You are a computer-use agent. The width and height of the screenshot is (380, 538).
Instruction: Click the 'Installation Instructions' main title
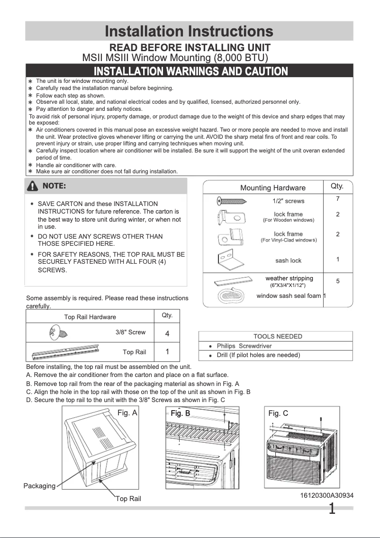tap(189, 32)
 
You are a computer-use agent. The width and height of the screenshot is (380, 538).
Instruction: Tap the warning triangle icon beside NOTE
tap(33, 186)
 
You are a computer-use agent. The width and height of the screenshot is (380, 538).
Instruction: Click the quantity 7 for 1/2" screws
tap(337, 198)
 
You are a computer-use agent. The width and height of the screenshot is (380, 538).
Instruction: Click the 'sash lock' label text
tap(288, 260)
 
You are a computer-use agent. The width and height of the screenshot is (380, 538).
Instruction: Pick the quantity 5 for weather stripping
tap(337, 281)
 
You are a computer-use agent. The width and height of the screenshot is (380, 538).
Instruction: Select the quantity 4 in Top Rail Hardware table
tap(167, 333)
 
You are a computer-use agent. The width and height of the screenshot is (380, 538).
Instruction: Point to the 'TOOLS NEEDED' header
tap(278, 336)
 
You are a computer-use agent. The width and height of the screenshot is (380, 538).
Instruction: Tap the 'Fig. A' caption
tap(127, 413)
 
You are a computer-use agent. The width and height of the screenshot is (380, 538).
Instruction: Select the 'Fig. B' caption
tap(180, 413)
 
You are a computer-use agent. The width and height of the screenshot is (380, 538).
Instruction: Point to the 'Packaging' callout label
tap(39, 486)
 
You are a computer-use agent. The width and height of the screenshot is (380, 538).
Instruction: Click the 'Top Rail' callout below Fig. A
tap(128, 499)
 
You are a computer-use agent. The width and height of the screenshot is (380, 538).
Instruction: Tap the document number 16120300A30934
tap(326, 495)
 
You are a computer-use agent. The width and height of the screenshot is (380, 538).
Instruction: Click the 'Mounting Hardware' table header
tap(273, 188)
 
